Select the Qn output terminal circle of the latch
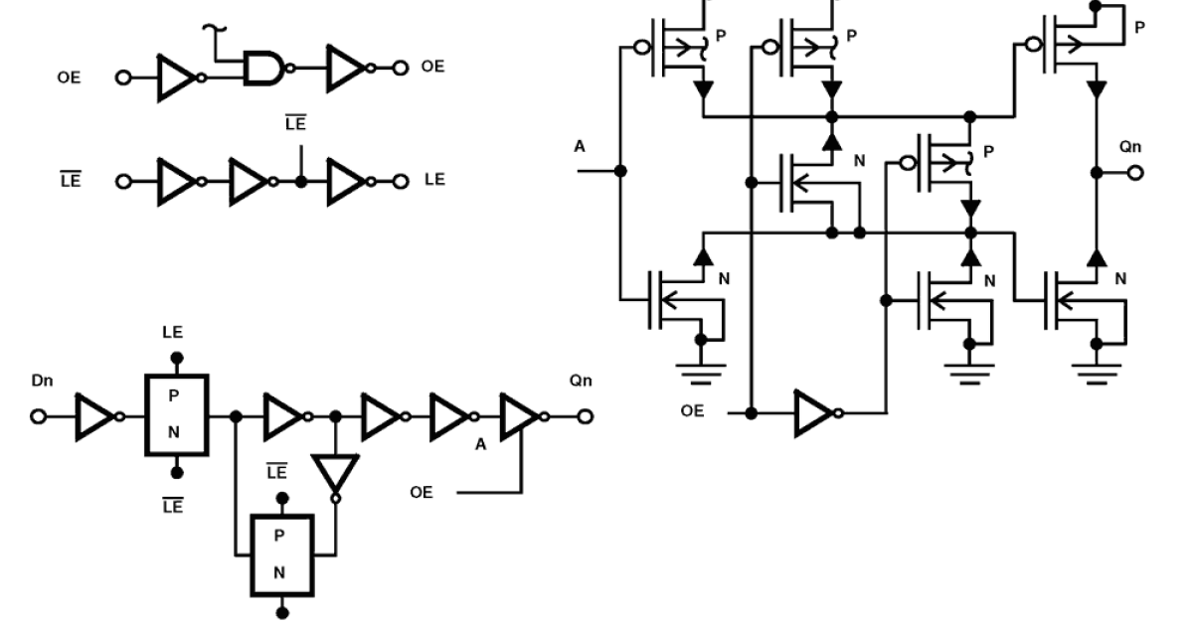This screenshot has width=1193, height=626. pos(587,417)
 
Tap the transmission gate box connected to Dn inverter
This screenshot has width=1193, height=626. pos(176,415)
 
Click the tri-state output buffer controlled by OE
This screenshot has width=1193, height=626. pos(518,417)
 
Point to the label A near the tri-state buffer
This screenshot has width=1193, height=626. pos(481,444)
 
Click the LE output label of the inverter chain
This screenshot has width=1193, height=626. pos(434,180)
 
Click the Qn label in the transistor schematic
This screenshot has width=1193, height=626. pos(1130,147)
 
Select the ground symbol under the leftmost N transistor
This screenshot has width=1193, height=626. pos(702,374)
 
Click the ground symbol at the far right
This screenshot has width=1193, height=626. pos(1098,374)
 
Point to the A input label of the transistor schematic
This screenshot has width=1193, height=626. pos(580,147)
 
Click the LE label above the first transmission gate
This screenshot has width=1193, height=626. pos(175,333)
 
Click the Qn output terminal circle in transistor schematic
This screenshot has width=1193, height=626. pos(1135,172)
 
